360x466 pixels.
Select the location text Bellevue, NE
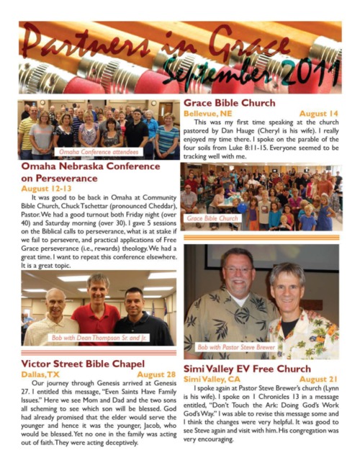pos(209,114)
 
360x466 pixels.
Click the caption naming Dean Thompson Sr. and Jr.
pos(96,337)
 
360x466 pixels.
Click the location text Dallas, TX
pos(40,375)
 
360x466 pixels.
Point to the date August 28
pos(156,375)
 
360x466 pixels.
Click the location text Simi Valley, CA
pos(212,379)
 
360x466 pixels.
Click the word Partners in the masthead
pos(68,37)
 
